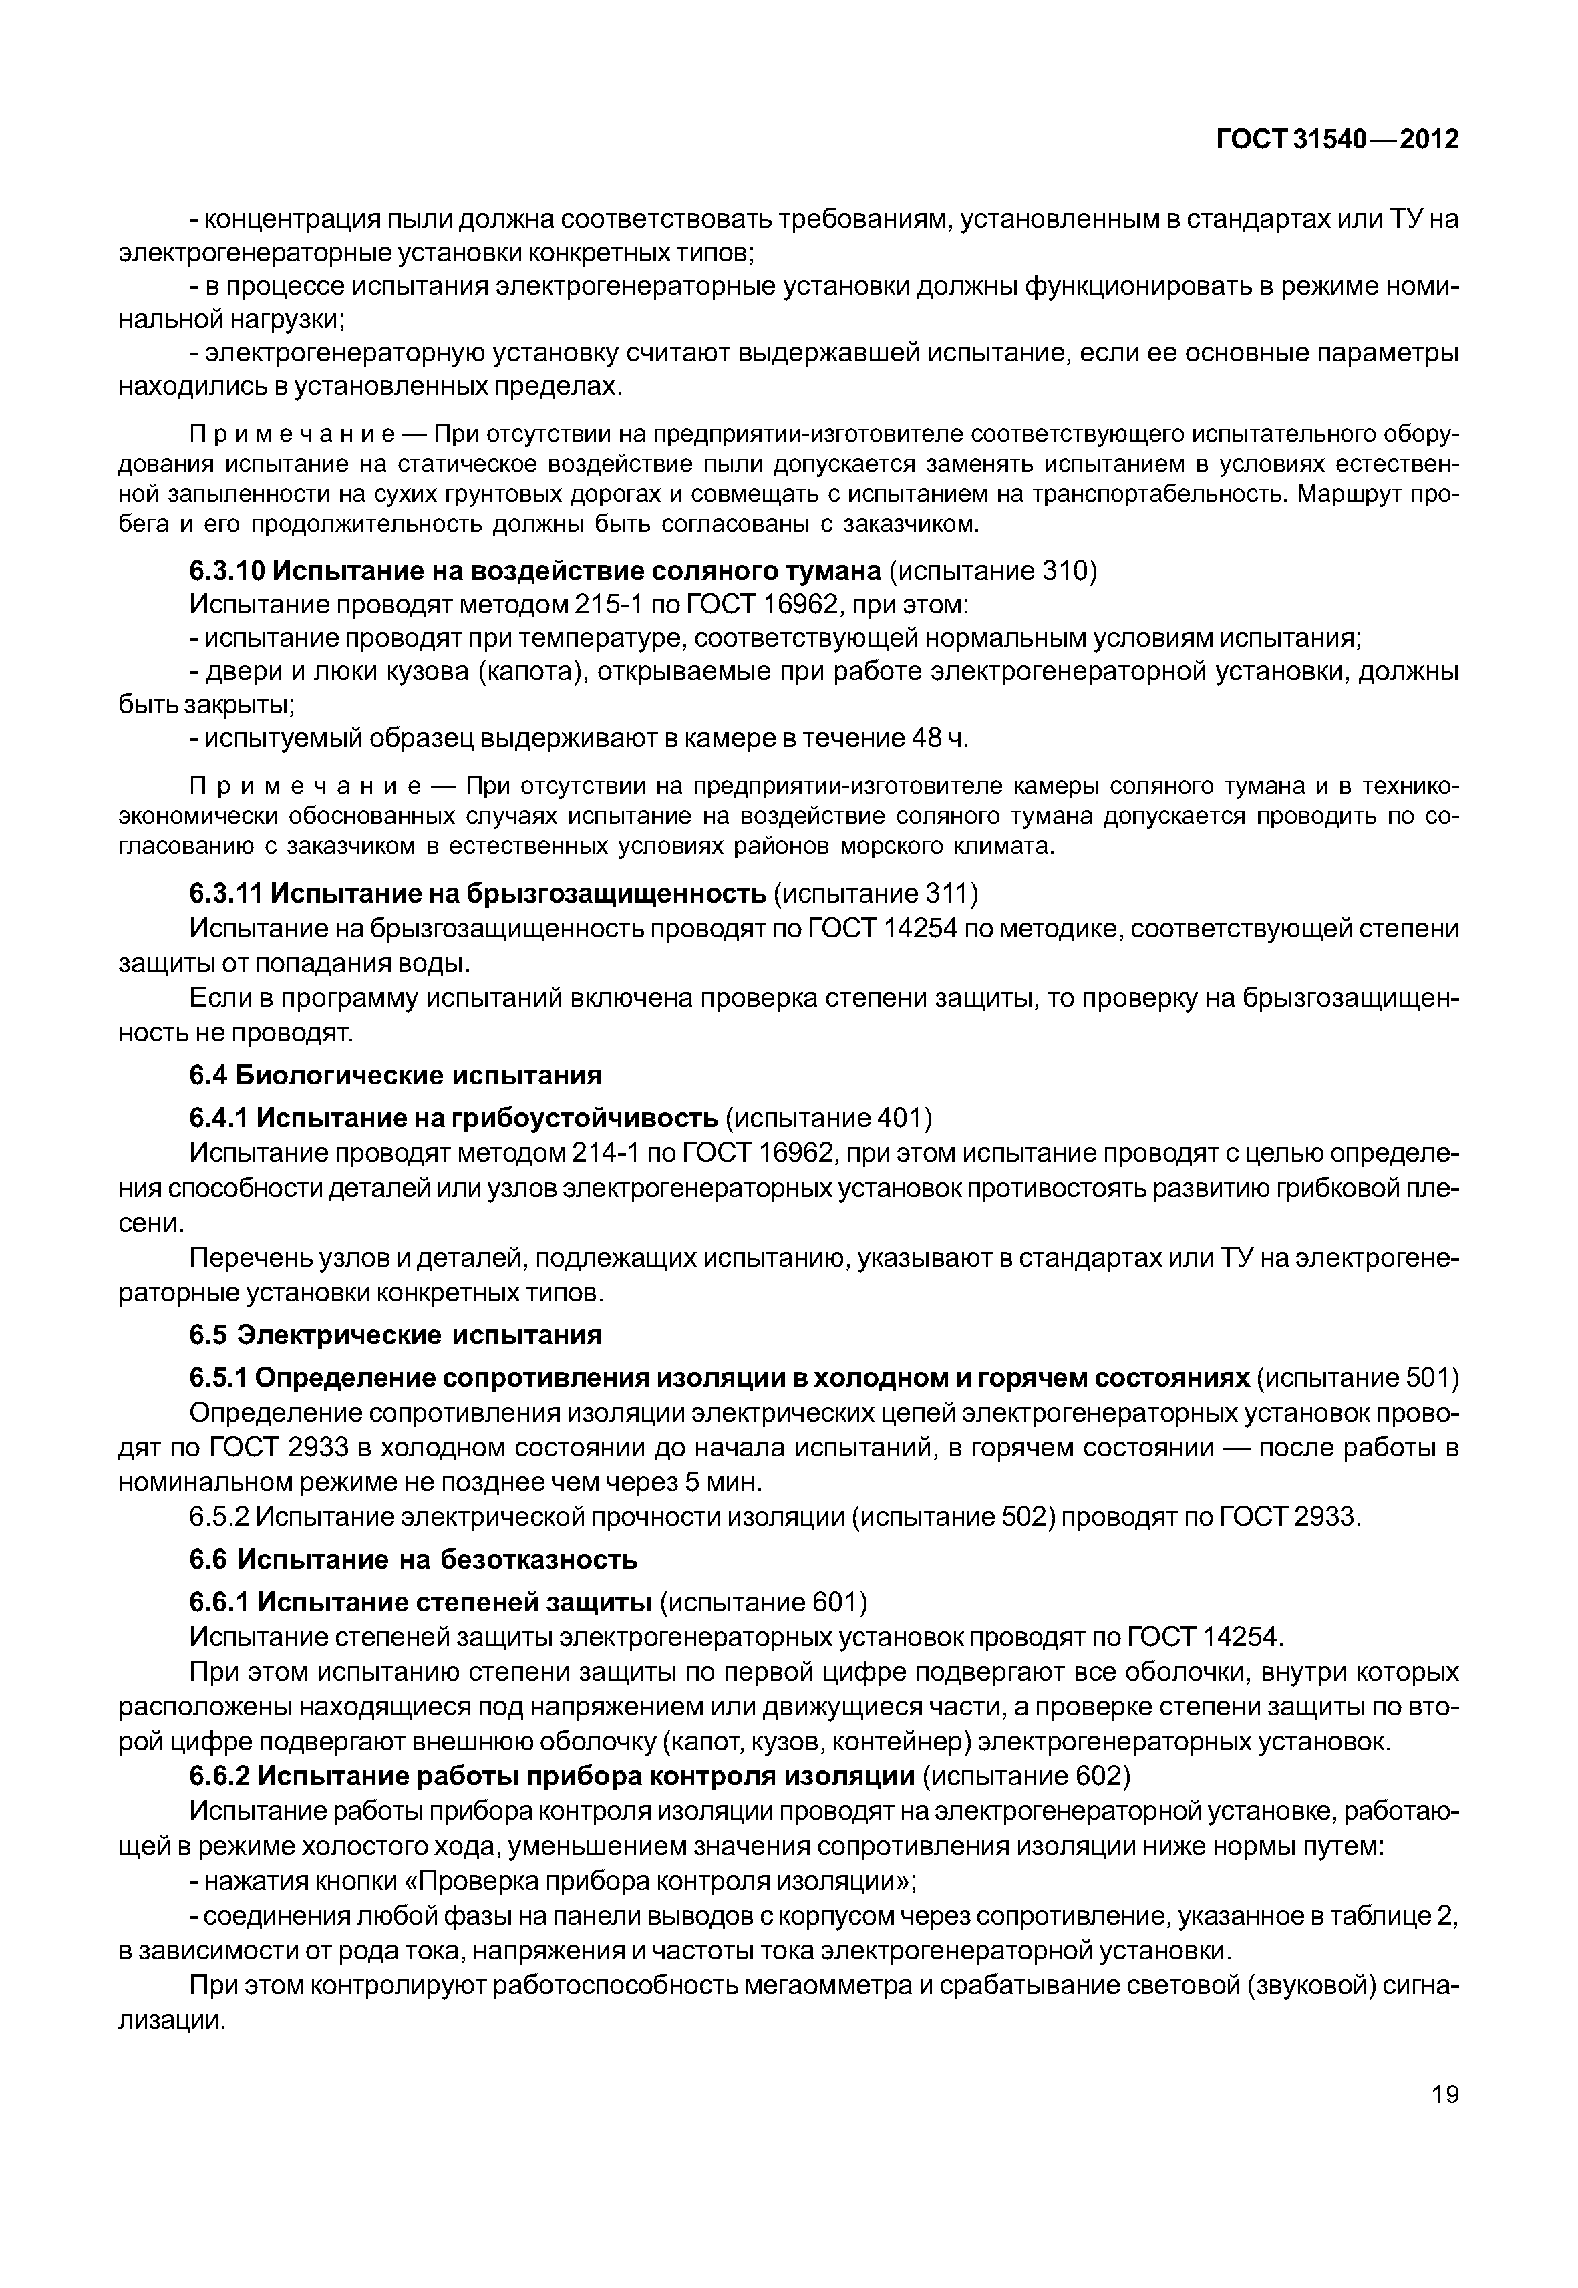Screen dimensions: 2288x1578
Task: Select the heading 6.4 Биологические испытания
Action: pos(394,1075)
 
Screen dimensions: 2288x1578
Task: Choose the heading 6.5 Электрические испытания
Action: pos(394,1336)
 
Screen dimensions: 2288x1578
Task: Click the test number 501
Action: pos(1425,1378)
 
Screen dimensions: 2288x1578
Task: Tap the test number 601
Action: pos(836,1602)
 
